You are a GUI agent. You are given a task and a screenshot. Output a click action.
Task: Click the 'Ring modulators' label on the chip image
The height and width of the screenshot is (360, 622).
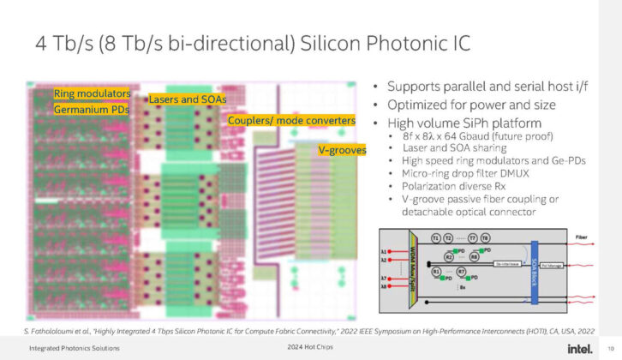tap(92, 93)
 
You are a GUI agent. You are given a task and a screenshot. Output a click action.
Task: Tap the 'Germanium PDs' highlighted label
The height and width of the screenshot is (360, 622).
tap(91, 110)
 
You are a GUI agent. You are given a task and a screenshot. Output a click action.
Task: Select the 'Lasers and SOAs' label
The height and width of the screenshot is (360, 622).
tap(188, 99)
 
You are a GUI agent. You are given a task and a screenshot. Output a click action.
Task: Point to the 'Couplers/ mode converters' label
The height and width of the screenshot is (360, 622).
tap(291, 121)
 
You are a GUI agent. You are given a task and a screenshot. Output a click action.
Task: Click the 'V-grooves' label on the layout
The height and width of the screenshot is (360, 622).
tap(342, 150)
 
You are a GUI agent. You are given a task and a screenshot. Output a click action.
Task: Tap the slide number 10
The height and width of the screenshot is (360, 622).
tap(609, 347)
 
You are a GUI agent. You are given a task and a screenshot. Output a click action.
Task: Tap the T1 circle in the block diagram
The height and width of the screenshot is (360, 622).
tap(436, 237)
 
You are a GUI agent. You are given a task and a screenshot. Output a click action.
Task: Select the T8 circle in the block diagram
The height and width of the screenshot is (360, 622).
tap(485, 237)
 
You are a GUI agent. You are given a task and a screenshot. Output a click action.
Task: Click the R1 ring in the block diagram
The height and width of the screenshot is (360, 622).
tap(436, 272)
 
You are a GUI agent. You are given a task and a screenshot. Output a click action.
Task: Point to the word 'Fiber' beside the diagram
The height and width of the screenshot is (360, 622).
tap(582, 237)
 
